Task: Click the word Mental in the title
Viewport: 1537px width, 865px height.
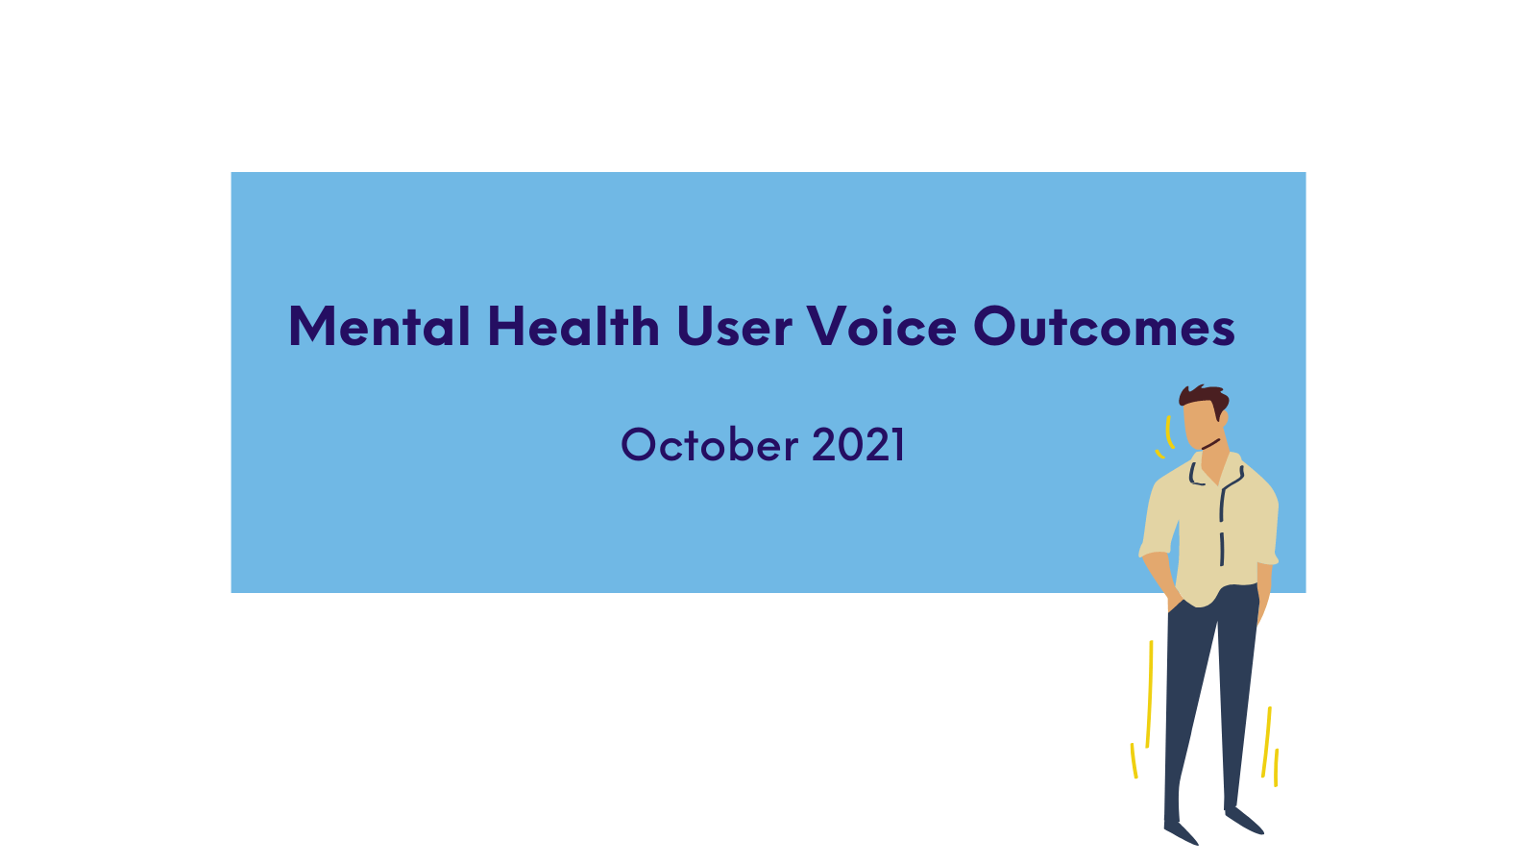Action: coord(379,326)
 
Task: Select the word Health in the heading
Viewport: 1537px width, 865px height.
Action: coord(573,326)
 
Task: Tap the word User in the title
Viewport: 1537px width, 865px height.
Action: coord(734,326)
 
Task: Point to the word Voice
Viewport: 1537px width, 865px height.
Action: coord(882,326)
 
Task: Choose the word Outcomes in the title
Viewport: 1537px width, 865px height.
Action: coord(1104,326)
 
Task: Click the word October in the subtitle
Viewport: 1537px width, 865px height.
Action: coord(710,444)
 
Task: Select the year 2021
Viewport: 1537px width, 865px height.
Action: coord(859,444)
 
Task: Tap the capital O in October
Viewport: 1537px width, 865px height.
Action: coord(640,444)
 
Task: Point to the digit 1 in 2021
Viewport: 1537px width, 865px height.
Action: coord(898,444)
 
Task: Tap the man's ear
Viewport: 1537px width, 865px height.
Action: coord(1224,418)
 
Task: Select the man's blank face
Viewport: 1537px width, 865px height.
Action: coord(1201,426)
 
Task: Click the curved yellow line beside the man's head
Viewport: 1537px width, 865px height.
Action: coord(1168,432)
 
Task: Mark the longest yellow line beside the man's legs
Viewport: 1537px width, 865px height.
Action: coord(1149,694)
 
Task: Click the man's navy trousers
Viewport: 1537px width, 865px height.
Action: coord(1211,707)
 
